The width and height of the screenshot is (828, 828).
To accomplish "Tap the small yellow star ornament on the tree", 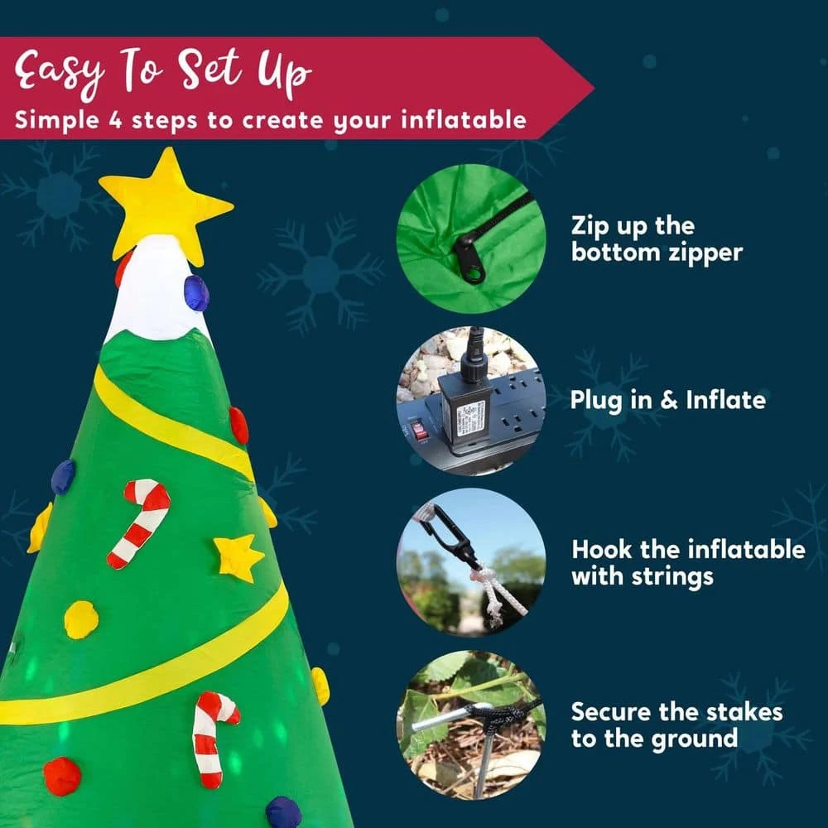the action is (238, 558).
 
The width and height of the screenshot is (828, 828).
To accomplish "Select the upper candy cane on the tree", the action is (140, 522).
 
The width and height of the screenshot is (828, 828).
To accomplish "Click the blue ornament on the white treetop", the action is (196, 293).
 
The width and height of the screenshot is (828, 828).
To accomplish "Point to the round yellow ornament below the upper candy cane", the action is (81, 619).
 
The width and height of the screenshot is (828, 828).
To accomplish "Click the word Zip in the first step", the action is (590, 227).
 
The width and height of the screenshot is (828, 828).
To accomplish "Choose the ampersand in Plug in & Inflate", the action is (668, 400).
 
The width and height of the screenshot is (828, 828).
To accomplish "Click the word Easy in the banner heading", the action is (59, 72).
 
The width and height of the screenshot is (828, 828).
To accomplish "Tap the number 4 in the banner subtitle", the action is (116, 120).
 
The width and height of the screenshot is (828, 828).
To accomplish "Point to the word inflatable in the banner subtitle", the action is (464, 120).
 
